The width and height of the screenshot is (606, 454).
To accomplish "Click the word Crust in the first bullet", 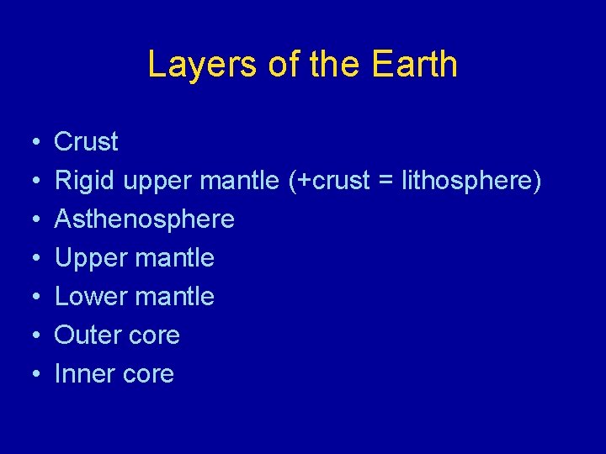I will click(86, 141).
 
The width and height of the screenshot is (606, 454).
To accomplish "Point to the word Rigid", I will click(85, 181).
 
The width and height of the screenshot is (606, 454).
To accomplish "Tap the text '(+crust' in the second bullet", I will click(329, 181).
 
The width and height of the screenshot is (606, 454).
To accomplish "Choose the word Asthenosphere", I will click(144, 219).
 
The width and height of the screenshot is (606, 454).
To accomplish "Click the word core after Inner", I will click(148, 374).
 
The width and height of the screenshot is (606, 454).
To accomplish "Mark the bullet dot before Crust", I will click(29, 143).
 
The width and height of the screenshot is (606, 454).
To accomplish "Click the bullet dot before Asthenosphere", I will click(29, 220).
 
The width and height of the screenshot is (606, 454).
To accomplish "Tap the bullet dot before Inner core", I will click(29, 375).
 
